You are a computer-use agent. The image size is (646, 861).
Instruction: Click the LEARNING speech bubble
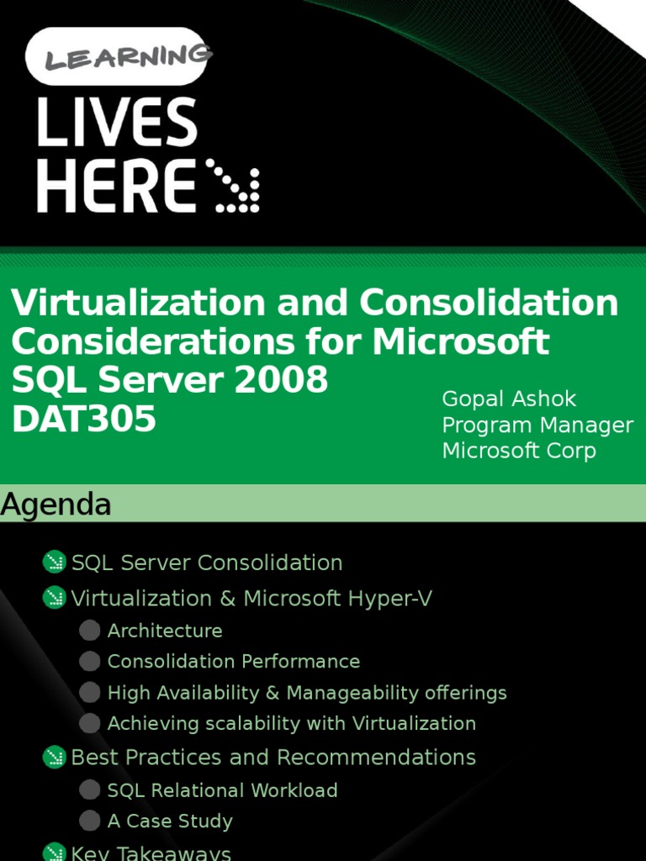tap(116, 56)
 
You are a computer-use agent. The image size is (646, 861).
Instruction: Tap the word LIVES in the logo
tap(117, 122)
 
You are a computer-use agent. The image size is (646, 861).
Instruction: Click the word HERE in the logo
tap(116, 185)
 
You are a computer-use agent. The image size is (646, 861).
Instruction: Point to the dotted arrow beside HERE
tap(232, 186)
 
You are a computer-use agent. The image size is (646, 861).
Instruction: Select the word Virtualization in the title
tap(140, 303)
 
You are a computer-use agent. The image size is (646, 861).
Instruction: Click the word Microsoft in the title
tap(461, 341)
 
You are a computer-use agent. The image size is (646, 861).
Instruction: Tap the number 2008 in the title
tap(281, 379)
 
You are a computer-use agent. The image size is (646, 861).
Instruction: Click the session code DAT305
tap(83, 419)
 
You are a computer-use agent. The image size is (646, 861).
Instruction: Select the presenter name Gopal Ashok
tap(509, 399)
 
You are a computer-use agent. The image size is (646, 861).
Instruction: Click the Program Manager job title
tap(537, 425)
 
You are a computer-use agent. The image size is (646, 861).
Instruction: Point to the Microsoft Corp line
tap(518, 451)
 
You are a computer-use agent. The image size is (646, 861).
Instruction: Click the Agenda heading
tap(56, 504)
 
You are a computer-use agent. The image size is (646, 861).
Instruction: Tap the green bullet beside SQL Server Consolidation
tap(54, 562)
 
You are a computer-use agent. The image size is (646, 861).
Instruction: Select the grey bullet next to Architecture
tap(89, 631)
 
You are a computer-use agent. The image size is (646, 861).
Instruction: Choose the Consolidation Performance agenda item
tap(234, 661)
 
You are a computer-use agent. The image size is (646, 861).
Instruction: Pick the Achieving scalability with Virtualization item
tap(291, 724)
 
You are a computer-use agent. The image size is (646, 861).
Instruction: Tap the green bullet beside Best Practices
tap(54, 757)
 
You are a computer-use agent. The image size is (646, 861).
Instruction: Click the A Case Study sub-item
tap(170, 821)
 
